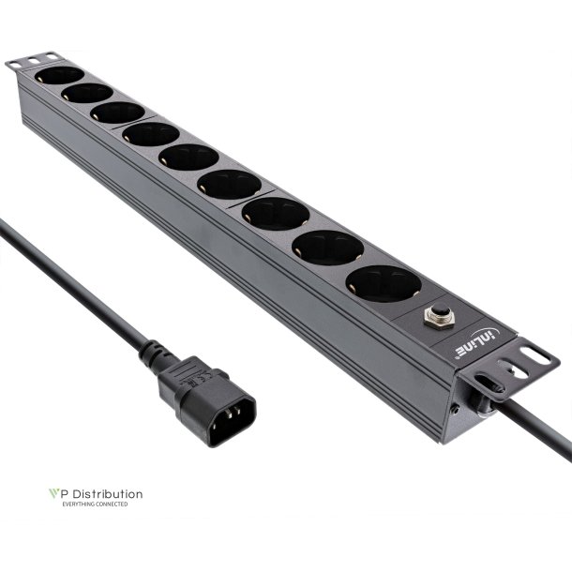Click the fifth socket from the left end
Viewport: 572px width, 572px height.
pyautogui.click(x=188, y=157)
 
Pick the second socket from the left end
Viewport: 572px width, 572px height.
pyautogui.click(x=86, y=94)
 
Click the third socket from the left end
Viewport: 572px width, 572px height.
pyautogui.click(x=118, y=113)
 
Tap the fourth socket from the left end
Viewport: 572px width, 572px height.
pyautogui.click(x=150, y=133)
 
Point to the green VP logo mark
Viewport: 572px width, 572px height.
pyautogui.click(x=54, y=493)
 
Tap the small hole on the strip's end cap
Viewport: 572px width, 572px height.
pyautogui.click(x=455, y=410)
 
